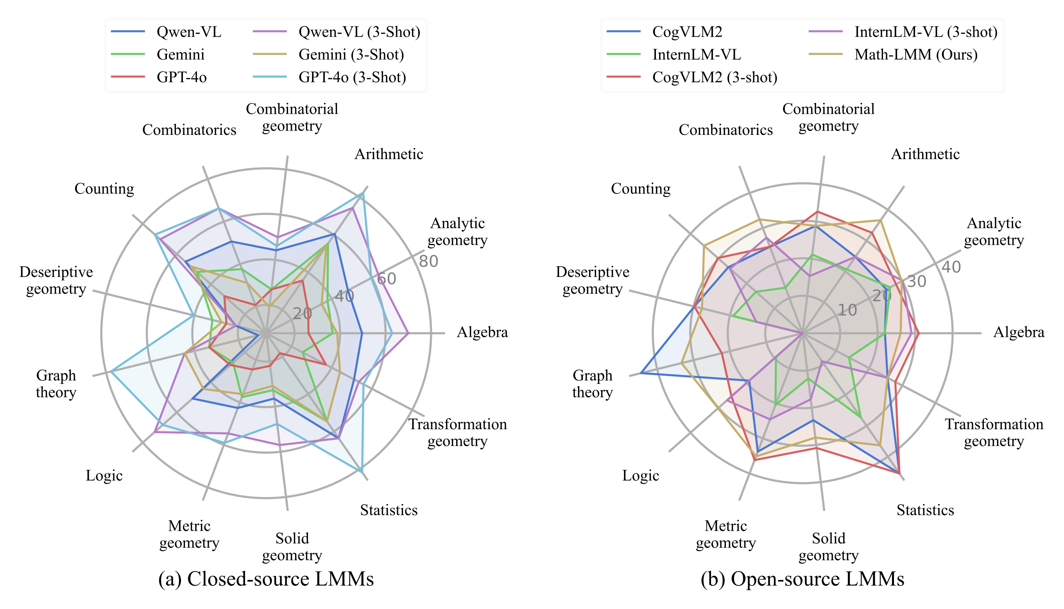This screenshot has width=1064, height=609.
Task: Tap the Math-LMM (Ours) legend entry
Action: pos(916,55)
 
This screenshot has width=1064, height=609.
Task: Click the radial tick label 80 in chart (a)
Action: pos(428,262)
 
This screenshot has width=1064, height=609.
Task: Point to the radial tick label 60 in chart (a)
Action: pos(387,279)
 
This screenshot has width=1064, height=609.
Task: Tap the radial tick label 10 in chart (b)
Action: pos(847,310)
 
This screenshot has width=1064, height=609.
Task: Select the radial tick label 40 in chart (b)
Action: pos(951,267)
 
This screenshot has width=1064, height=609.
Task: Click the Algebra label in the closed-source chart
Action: pos(482,333)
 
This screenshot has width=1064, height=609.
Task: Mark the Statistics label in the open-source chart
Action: pos(925,510)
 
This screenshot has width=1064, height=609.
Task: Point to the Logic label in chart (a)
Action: pos(104,476)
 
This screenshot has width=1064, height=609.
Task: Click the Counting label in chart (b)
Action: pos(641,189)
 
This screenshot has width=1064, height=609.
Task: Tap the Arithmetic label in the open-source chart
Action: pos(925,154)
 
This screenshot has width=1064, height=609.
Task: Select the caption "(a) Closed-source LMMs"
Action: pos(266,579)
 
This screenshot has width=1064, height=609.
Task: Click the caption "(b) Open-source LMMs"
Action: pos(802,579)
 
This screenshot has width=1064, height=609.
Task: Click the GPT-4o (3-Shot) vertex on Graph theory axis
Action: pos(111,371)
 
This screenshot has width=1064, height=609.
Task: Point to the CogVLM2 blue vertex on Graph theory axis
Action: pos(641,373)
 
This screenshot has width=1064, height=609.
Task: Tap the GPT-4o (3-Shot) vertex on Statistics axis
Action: pos(361,472)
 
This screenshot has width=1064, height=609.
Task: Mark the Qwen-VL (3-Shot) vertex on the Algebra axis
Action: pos(408,334)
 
